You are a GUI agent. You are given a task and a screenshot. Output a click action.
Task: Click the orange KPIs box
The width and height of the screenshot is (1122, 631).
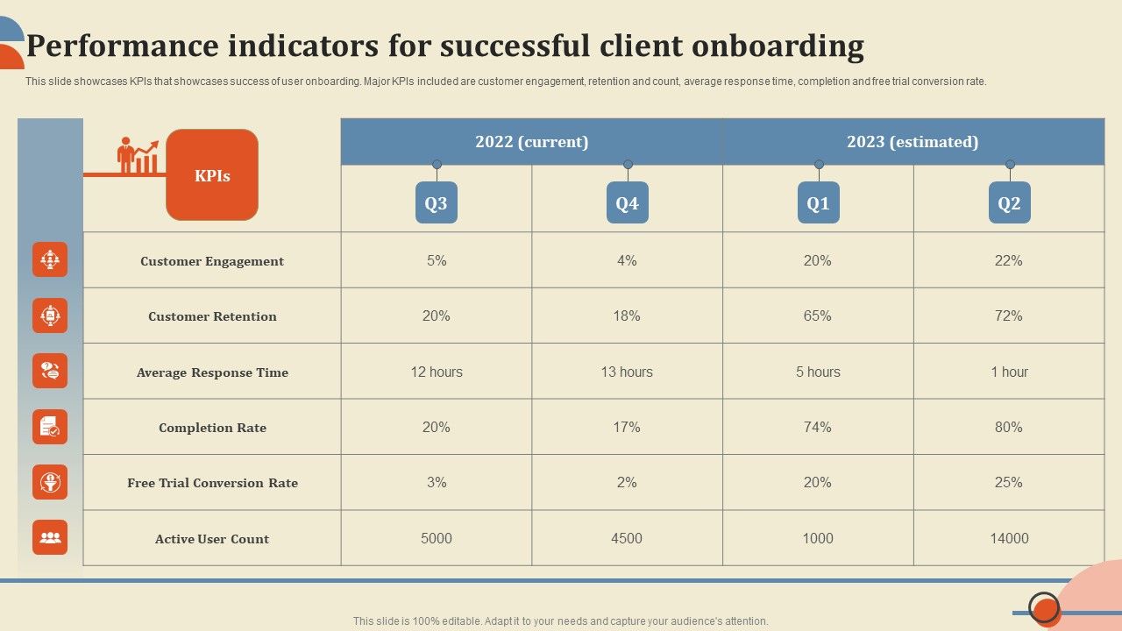coord(212,175)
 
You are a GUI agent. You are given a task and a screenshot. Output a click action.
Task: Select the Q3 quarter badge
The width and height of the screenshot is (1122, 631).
coord(436,203)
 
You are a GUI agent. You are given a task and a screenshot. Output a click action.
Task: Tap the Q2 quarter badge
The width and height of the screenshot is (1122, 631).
coord(1009,203)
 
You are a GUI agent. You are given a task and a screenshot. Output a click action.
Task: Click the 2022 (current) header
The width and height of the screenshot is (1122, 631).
coord(531,142)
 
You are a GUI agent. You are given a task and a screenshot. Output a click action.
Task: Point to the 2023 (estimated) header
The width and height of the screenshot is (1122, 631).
coord(913,142)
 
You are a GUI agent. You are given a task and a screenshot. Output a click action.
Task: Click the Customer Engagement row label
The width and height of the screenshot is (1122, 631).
coord(212,261)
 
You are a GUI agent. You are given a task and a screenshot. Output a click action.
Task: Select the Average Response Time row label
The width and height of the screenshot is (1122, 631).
coord(212,372)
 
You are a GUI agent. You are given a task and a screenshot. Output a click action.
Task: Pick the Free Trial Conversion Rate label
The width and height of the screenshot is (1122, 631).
coord(212,483)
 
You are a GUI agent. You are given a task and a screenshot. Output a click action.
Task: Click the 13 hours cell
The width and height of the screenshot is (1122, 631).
coord(627,372)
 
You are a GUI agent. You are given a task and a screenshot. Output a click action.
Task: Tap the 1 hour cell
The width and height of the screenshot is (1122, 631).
coord(1009,372)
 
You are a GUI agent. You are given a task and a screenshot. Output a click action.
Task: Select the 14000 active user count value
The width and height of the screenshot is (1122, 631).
coord(1009,538)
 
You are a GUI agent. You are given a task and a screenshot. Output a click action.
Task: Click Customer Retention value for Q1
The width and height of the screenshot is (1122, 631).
coord(817,315)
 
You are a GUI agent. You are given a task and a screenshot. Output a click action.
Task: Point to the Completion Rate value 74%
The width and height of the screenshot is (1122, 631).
coord(817,427)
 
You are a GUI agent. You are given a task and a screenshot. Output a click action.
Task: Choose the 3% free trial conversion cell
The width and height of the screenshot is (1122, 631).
coord(436,482)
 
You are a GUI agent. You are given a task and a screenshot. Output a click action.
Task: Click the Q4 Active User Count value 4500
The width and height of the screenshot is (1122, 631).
coord(627,538)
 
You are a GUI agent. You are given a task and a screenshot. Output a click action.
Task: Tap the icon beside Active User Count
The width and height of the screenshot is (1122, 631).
coord(50,537)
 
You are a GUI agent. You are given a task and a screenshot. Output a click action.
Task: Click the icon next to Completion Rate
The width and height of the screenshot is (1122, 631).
coord(50,427)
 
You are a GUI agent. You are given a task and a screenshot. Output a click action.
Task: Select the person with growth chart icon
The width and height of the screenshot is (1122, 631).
coord(138,156)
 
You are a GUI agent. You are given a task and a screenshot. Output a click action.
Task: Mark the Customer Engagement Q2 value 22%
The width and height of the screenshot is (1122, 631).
coord(1009,260)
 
